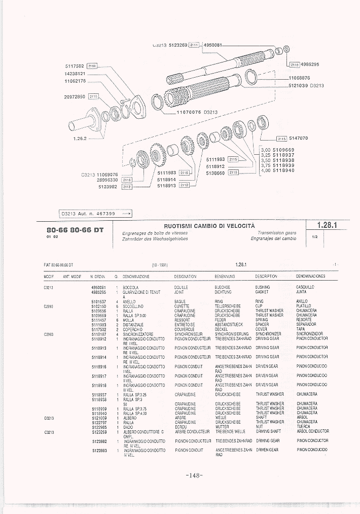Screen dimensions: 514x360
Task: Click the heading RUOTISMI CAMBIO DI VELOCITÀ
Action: tap(209, 226)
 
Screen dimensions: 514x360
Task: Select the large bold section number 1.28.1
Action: tap(327, 225)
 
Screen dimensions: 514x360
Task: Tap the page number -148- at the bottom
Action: tap(194, 475)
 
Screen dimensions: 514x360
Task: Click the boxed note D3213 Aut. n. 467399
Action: tap(97, 214)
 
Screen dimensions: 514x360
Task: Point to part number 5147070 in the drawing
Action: tap(298, 138)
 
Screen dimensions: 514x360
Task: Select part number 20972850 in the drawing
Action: tap(75, 96)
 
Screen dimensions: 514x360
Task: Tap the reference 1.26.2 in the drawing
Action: tap(81, 139)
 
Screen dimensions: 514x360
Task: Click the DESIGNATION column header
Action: tap(185, 277)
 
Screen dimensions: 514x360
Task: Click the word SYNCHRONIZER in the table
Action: tap(268, 334)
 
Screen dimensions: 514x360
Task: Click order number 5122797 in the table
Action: tap(99, 422)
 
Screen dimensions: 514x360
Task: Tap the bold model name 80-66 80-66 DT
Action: tap(75, 230)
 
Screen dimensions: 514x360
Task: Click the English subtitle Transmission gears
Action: tap(277, 232)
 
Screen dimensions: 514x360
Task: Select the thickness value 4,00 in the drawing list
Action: tap(266, 170)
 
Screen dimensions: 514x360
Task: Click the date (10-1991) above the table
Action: tap(160, 264)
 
